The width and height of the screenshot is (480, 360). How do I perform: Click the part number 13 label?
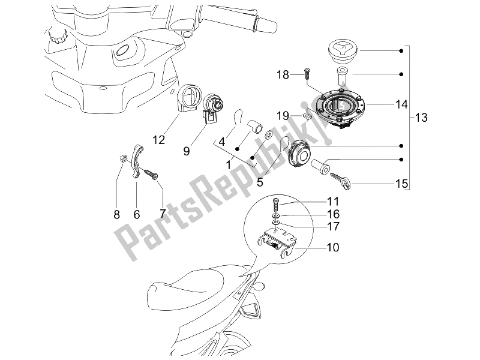421,118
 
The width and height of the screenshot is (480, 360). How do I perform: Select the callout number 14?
385,104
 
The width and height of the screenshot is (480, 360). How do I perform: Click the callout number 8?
117,214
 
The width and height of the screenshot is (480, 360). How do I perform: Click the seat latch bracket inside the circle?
281,240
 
